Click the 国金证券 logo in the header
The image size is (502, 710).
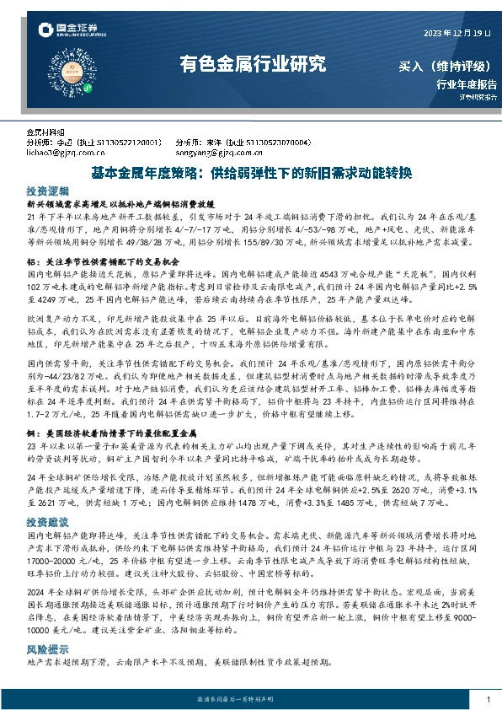point(67,31)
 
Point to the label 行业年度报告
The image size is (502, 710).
point(466,84)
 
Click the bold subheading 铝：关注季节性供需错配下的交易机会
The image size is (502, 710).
point(100,261)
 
